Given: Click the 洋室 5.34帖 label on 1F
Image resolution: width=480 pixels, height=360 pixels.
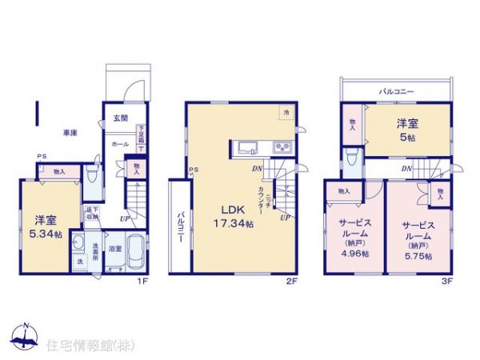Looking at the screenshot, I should pyautogui.click(x=45, y=227).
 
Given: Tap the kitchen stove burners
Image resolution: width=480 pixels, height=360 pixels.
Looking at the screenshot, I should pyautogui.click(x=283, y=147).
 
